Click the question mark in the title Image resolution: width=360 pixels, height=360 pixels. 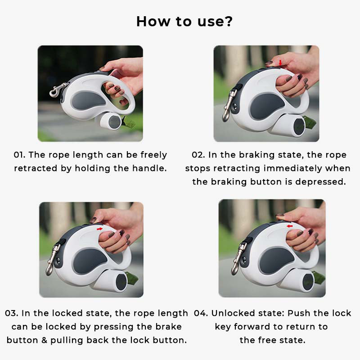pos(227,21)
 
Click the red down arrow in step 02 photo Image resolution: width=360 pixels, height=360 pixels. pos(280,63)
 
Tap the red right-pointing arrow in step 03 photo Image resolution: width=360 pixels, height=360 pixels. pos(99,229)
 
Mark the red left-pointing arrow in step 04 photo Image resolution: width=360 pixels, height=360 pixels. pos(290,226)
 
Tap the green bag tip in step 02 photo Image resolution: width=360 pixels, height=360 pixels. pos(310,121)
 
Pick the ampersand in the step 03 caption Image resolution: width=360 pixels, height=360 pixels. pos(44,340)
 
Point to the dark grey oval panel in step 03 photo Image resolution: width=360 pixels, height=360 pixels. pos(90,261)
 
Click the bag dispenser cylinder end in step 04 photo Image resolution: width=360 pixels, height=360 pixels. pos(308,281)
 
